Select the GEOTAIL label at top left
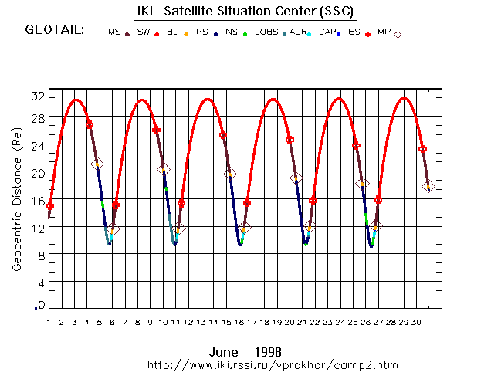[54, 31]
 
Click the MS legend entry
[115, 32]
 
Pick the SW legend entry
[144, 32]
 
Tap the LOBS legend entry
[266, 32]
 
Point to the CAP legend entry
[327, 32]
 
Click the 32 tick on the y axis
[36, 96]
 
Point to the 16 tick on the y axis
[36, 201]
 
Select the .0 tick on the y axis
[38, 306]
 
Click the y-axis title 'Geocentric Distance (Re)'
[16, 198]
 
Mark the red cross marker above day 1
[50, 205]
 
